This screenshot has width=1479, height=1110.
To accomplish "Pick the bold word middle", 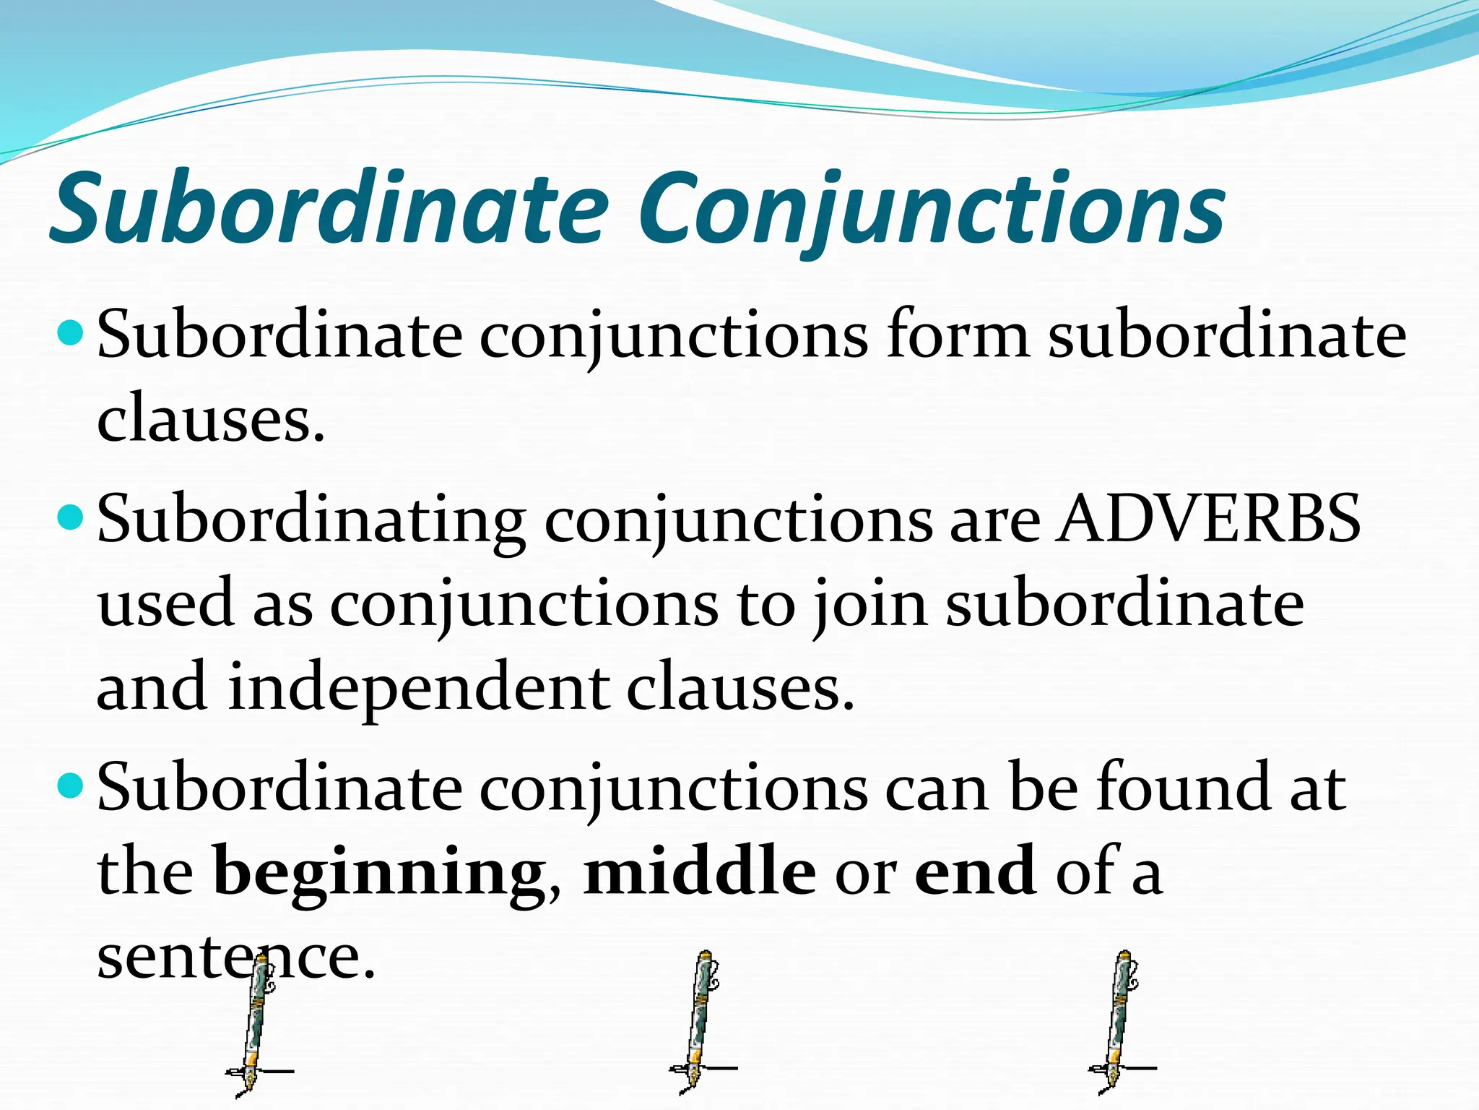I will [699, 872].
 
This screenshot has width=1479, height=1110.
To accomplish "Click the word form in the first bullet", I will [958, 335].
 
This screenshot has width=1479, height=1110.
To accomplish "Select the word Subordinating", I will [312, 520].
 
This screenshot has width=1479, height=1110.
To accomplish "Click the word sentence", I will [235, 957].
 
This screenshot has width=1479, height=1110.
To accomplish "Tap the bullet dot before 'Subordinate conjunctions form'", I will [70, 334].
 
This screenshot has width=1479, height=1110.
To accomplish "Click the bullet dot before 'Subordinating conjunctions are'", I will [70, 517].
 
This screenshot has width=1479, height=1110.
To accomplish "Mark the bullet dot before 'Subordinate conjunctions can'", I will [70, 786].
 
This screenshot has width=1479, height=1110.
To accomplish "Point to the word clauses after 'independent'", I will [739, 687].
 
